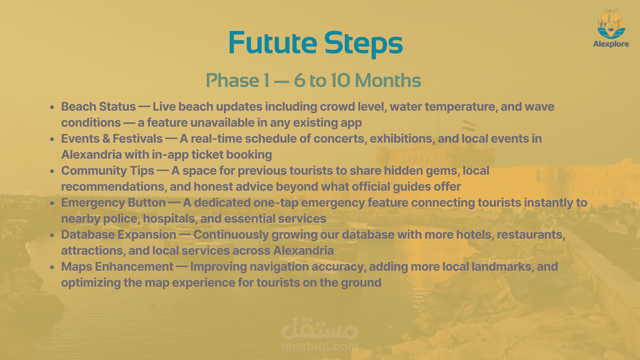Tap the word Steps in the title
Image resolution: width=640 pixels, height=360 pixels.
(364, 44)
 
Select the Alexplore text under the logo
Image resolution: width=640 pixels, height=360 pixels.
(611, 44)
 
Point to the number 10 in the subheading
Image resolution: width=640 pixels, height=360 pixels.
(340, 80)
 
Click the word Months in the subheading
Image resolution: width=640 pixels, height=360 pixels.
(388, 80)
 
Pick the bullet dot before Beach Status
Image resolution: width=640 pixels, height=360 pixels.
(52, 107)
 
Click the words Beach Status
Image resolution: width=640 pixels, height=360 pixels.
(98, 107)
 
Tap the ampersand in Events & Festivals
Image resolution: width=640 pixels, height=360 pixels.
(106, 139)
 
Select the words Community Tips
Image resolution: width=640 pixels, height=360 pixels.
(108, 171)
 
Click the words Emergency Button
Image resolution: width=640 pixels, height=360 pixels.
(113, 203)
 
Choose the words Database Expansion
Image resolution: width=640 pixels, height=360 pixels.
(119, 235)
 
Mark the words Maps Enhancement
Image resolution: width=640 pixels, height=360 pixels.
(117, 267)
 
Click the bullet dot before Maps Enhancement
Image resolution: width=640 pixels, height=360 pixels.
(52, 267)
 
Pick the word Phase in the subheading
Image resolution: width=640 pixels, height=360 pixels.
(233, 80)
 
